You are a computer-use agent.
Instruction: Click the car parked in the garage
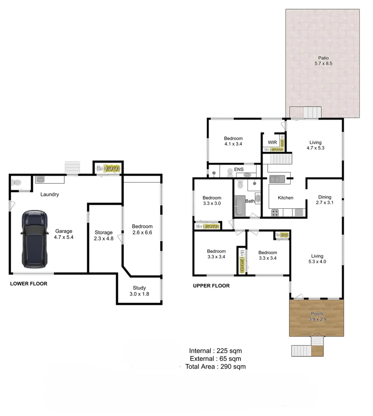coord(35,239)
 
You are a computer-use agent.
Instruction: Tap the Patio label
coord(323,60)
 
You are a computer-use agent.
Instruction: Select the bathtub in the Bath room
coord(238,206)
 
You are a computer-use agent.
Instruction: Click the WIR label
coord(272,143)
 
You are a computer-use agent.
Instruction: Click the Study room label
coord(139,291)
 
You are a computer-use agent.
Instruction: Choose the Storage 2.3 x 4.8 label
coord(104,235)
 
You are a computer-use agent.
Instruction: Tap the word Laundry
coord(50,195)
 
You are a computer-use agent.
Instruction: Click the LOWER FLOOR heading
coord(29,284)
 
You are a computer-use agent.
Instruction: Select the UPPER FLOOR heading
coord(211,286)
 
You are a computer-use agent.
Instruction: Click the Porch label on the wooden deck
coord(317,317)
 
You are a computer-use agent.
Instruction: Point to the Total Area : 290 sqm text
coord(215,367)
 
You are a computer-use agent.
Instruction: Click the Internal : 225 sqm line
coord(215,351)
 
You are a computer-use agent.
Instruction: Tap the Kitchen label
coord(286,198)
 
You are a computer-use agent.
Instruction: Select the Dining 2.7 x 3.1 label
coord(324,200)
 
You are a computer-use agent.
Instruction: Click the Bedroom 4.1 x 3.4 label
coord(233,141)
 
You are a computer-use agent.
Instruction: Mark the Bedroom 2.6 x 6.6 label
coord(142,229)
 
